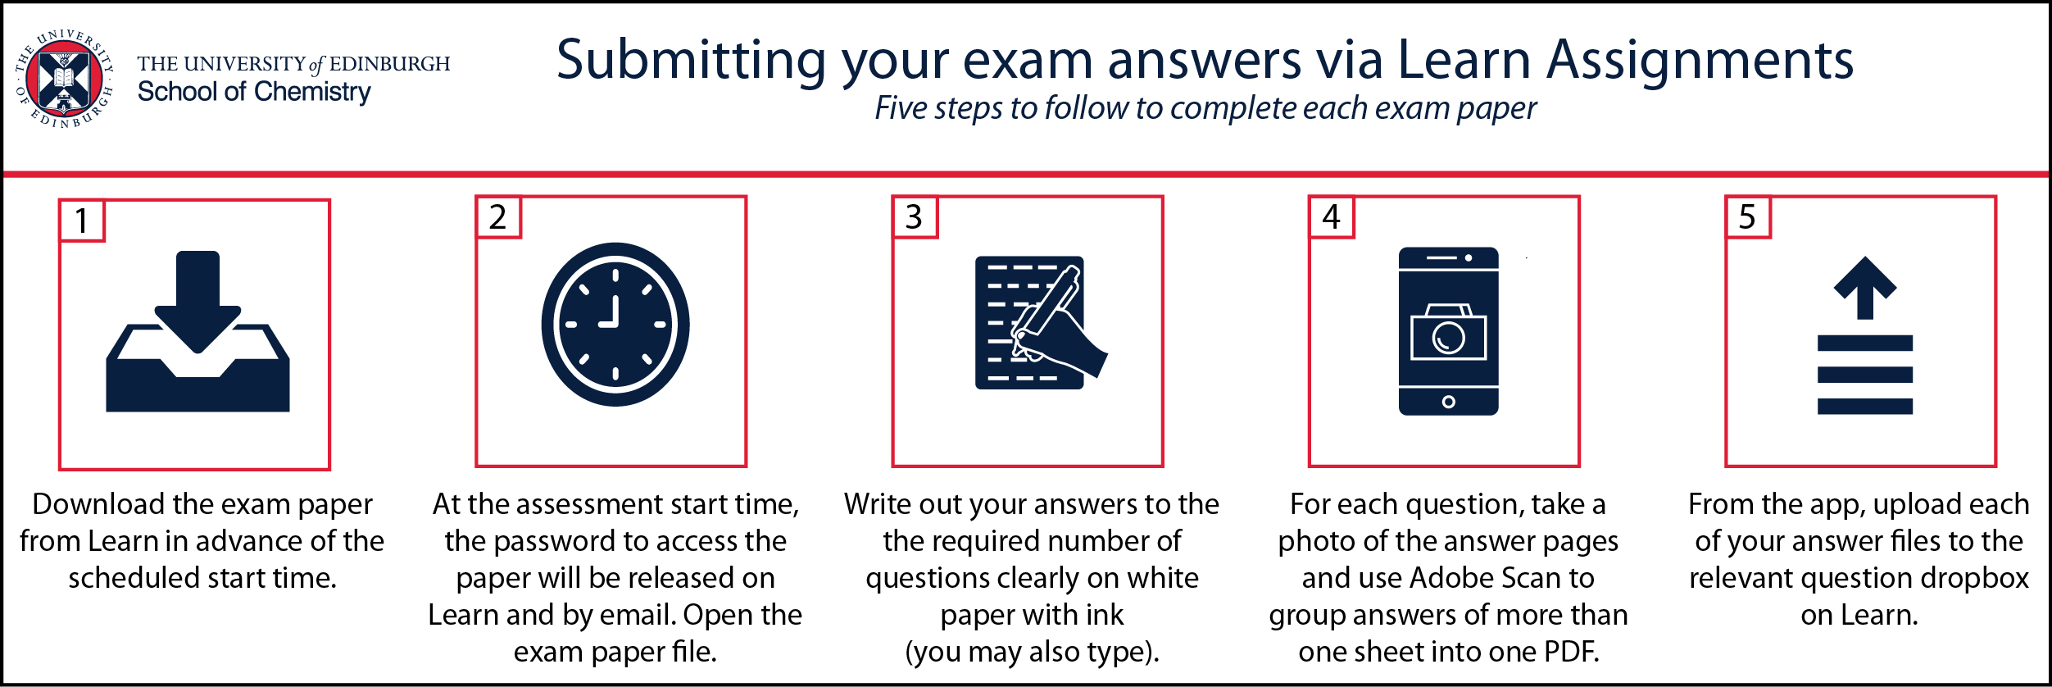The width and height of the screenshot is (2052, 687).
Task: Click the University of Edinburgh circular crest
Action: point(64,80)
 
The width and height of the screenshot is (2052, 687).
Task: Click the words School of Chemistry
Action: point(254,93)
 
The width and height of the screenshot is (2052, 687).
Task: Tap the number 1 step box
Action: point(82,221)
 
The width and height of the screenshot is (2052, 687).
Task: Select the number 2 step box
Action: point(498,217)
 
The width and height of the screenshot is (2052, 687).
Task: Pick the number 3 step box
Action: point(915,217)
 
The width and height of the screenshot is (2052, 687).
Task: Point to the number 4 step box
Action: point(1331,217)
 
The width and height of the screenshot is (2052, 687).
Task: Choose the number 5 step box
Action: point(1747,217)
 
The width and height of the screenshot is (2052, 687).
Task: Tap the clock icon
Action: point(615,324)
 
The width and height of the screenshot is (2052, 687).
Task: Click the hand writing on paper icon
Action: point(1041,323)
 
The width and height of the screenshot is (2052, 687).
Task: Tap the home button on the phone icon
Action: point(1448,402)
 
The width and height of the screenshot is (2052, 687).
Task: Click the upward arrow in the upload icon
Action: point(1865,288)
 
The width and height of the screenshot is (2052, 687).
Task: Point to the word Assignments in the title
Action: point(1700,61)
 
